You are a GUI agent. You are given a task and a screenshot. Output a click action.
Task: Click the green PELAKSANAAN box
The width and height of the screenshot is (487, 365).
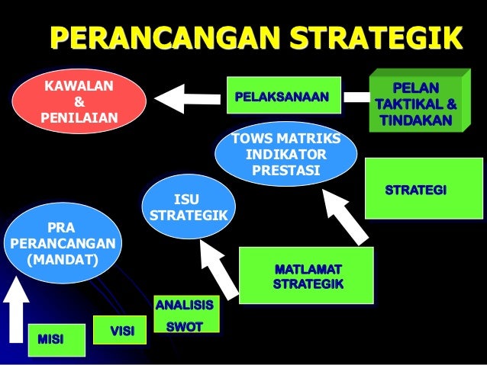281,98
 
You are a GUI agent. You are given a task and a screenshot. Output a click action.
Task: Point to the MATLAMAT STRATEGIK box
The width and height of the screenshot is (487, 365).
307,277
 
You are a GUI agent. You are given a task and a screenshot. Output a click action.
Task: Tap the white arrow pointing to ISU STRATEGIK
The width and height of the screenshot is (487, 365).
216,265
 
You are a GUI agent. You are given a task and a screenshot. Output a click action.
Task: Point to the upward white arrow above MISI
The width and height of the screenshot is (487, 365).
15,314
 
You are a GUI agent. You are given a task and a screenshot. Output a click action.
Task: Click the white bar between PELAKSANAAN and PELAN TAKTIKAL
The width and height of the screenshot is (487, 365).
355,98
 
